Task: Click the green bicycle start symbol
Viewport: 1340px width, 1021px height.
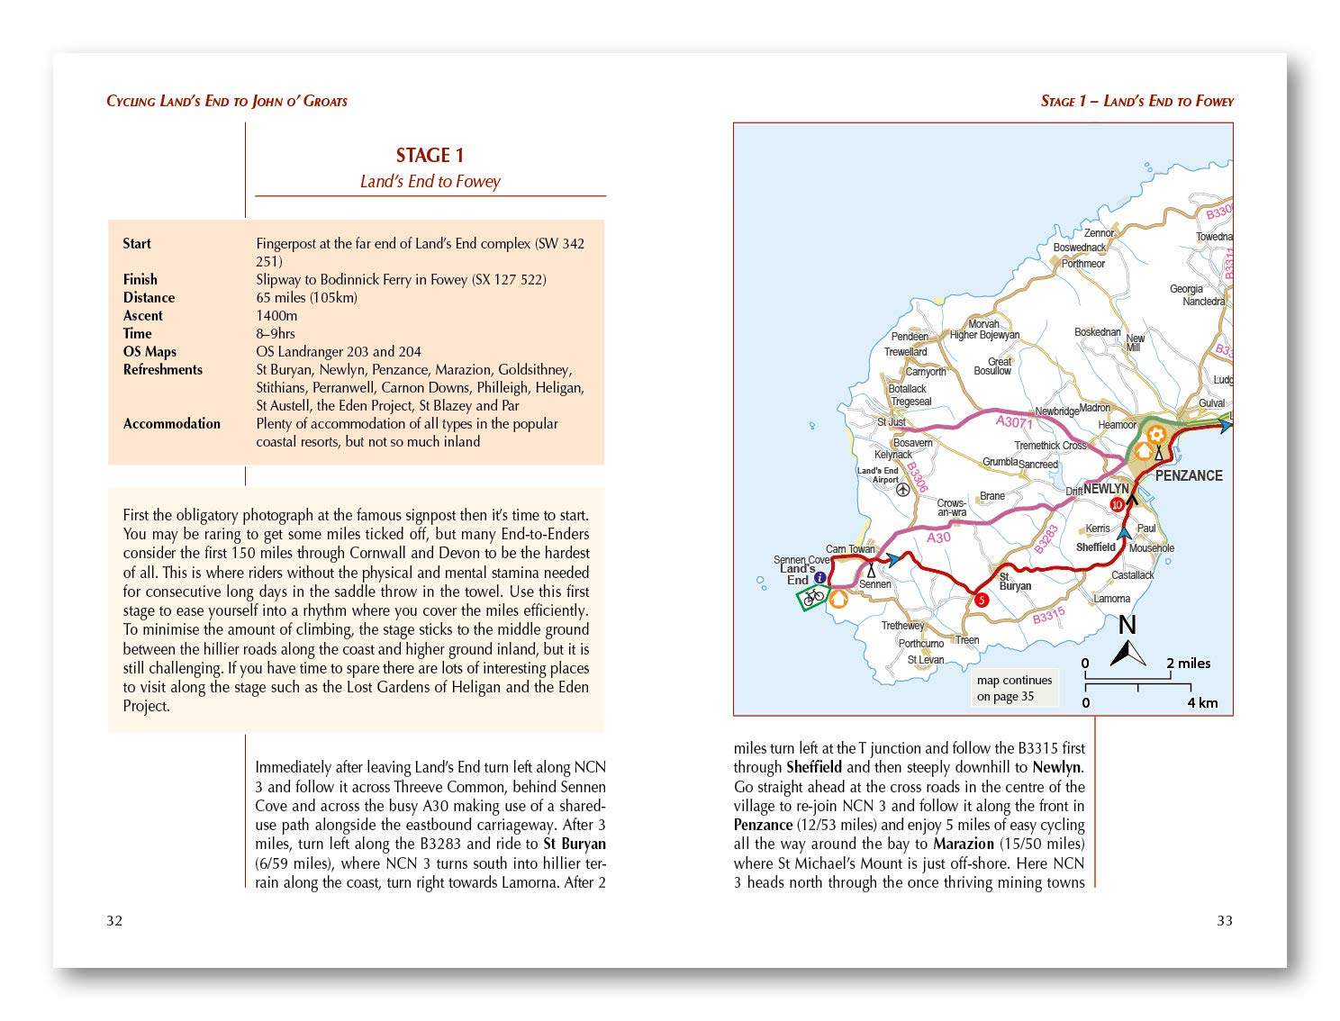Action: tap(814, 596)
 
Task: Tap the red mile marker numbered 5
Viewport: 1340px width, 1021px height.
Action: tap(981, 600)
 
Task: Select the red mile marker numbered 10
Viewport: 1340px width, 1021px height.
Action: tap(1117, 505)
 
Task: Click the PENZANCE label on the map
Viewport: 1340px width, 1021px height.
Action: tap(1189, 475)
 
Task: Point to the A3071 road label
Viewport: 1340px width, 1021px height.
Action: tap(1014, 421)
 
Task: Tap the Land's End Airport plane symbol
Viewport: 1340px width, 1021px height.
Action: tap(903, 490)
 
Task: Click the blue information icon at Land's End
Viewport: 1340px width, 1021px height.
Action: tap(819, 578)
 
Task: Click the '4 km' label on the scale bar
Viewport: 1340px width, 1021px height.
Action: tap(1202, 702)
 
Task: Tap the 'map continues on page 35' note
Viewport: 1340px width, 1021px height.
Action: tap(1014, 689)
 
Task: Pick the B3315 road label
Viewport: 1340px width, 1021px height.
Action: tap(1049, 617)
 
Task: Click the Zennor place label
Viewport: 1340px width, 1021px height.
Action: tap(1099, 233)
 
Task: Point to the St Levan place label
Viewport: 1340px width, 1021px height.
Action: tap(925, 660)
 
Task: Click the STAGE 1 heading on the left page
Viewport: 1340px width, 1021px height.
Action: tap(430, 156)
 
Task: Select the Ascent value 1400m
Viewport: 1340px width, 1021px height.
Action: tap(276, 315)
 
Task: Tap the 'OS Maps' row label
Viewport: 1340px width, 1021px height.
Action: tap(149, 351)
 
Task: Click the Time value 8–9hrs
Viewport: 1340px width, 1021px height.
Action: tap(276, 333)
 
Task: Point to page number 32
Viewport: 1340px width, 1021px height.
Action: tap(114, 920)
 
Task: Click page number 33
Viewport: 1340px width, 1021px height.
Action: tap(1225, 920)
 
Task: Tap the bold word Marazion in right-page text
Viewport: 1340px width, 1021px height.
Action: tap(964, 844)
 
